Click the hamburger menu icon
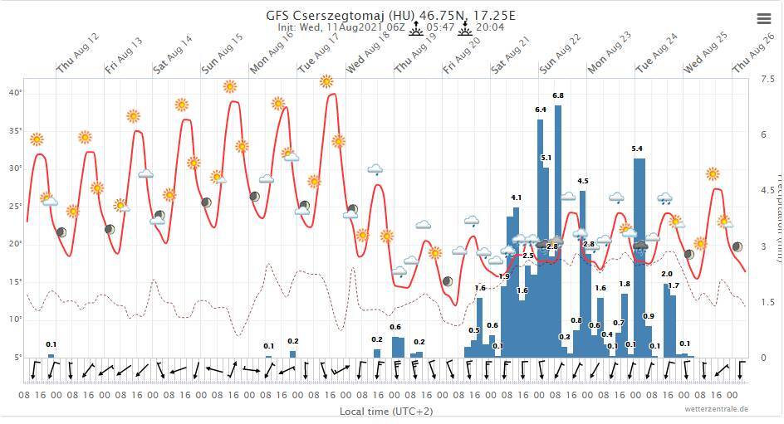coord(764,18)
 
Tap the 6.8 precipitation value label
coord(558,96)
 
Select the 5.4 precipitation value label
coord(637,149)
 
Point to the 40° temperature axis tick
coord(15,92)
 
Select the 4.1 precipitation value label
coord(516,197)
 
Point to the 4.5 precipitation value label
coord(583,181)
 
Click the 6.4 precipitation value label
coord(541,110)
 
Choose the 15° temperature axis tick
coord(15,281)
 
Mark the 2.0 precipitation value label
coord(666,274)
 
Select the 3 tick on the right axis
coord(762,247)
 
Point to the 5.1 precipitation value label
coord(546,158)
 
